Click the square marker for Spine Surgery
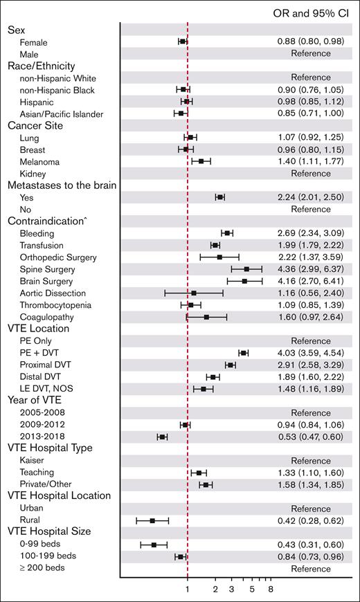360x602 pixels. tap(246, 268)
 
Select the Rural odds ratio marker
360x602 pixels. tap(152, 520)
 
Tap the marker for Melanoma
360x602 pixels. tap(201, 161)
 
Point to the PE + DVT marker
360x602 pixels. tap(243, 353)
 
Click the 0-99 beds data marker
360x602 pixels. tap(154, 545)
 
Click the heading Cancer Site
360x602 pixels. tap(35, 125)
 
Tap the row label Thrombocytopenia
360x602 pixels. tap(57, 305)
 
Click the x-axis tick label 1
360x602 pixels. tap(188, 589)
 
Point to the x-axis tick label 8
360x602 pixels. tap(271, 589)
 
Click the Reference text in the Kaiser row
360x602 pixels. tap(311, 461)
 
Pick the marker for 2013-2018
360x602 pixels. tap(162, 437)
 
